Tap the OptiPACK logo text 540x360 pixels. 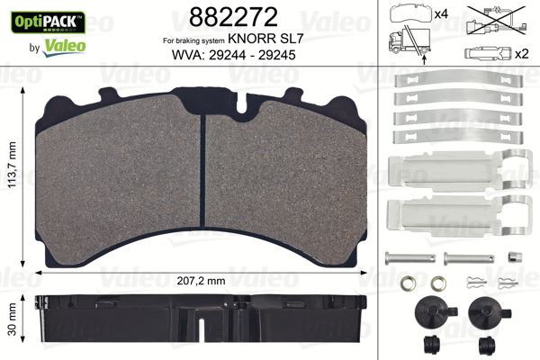point(44,19)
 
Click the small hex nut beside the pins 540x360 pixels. point(513,256)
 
